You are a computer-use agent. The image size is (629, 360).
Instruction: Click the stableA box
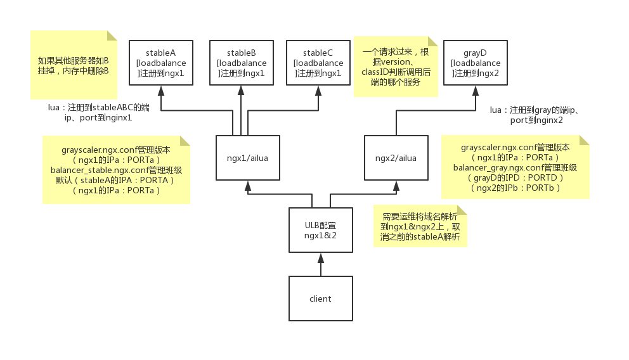coord(160,63)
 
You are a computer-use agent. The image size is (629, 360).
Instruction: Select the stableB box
coord(241,63)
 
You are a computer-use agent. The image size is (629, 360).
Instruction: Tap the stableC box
coord(318,63)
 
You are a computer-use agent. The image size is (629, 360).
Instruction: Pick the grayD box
coord(476,63)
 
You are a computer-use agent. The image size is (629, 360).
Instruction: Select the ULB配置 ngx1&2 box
coord(320,230)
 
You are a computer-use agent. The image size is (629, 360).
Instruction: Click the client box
coord(320,299)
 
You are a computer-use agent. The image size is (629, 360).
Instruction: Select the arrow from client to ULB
coord(320,265)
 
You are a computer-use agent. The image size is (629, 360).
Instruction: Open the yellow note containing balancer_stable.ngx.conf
coord(116,169)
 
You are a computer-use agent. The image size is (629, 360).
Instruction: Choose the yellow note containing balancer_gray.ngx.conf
coord(516,167)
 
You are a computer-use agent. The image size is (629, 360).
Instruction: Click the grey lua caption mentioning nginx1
coord(98,112)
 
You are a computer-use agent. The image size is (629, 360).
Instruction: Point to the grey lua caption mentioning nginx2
coord(536,115)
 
